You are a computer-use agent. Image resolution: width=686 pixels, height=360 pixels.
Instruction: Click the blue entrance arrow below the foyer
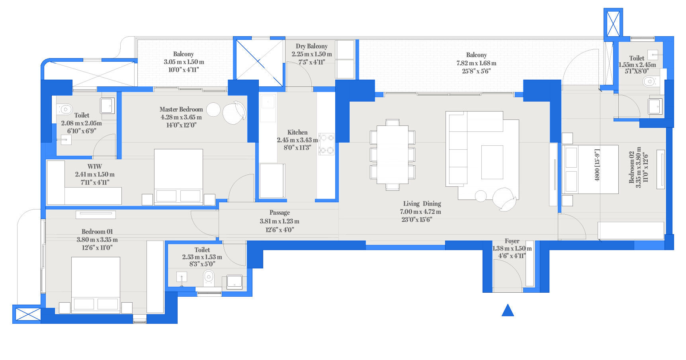tap(508, 310)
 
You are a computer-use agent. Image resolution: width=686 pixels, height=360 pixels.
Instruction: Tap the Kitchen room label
tap(297, 132)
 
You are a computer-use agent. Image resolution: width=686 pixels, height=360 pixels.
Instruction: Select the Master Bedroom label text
tap(181, 109)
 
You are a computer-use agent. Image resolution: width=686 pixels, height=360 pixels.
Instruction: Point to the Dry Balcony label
tap(312, 46)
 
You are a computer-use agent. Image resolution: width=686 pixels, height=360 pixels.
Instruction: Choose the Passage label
tap(279, 213)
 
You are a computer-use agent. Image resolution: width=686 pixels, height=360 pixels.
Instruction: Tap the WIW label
tap(95, 166)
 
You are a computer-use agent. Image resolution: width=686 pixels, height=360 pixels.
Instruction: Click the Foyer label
tap(512, 241)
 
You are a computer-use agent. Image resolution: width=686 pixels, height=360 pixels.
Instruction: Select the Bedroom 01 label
tap(97, 231)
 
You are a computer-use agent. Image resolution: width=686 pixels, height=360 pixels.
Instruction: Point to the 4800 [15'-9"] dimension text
tap(597, 165)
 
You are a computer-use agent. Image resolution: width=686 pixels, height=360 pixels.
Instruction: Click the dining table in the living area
tap(393, 154)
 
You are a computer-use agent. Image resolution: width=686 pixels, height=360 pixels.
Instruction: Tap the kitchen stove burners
tap(326, 144)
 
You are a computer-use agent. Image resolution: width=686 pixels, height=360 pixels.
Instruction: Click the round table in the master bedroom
tap(213, 110)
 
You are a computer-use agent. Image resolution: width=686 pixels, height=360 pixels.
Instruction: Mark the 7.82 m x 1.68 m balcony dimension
tap(476, 63)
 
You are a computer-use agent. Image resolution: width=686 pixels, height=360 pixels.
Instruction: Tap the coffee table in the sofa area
tap(492, 162)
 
